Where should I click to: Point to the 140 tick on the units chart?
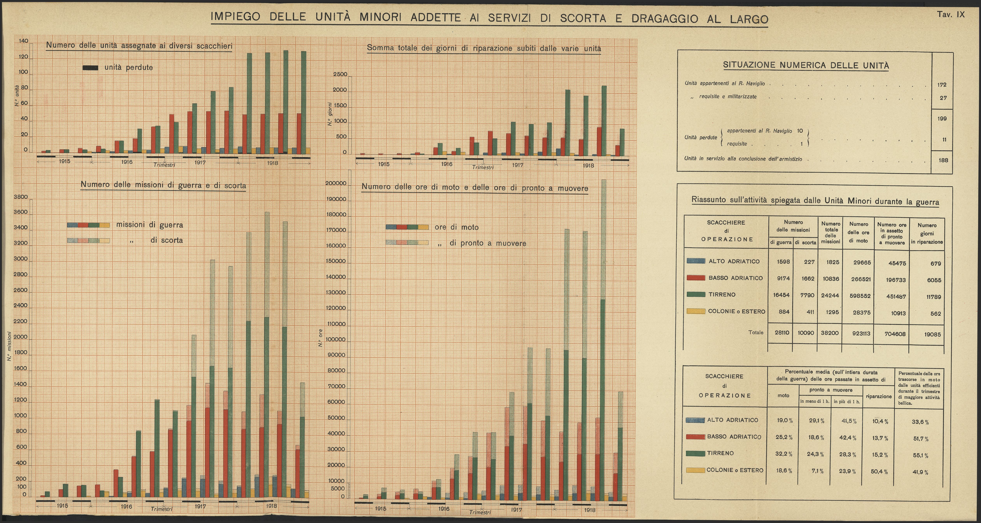tap(23, 41)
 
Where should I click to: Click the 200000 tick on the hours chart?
tap(336, 184)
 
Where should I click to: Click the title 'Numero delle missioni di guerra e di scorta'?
tap(163, 185)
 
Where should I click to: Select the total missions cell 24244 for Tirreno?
tap(830, 295)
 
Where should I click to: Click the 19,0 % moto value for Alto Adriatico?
tap(784, 421)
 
